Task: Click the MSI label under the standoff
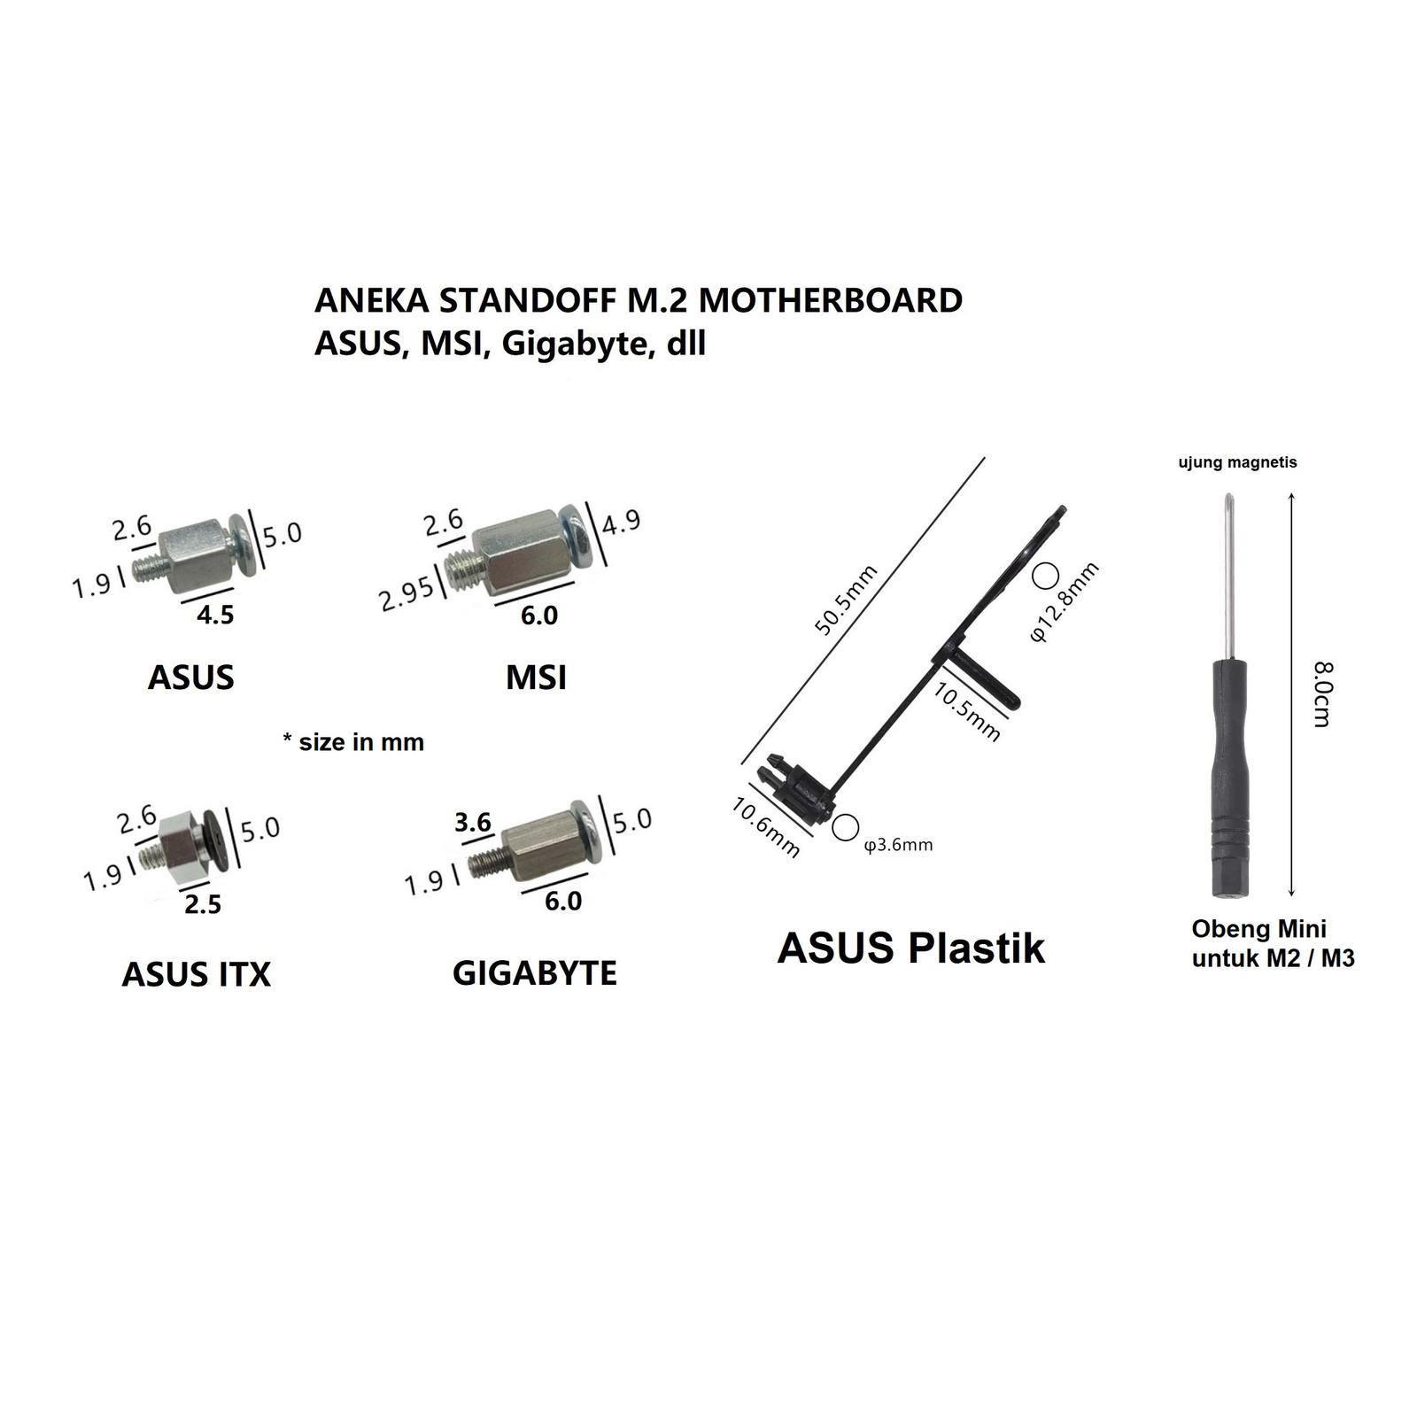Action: (536, 678)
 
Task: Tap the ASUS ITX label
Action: (196, 975)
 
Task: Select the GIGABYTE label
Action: (535, 973)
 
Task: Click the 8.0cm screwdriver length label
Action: (1321, 694)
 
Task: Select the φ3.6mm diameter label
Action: (898, 845)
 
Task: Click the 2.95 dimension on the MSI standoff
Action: (407, 593)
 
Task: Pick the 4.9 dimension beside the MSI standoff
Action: (621, 521)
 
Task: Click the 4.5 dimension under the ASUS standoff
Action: (215, 615)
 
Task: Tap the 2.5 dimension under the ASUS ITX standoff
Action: (203, 904)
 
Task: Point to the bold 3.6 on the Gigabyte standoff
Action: (473, 823)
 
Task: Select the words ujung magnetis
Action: (1237, 462)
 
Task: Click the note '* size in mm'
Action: (353, 742)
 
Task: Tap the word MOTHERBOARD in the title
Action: (831, 300)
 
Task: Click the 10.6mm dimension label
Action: (766, 828)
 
